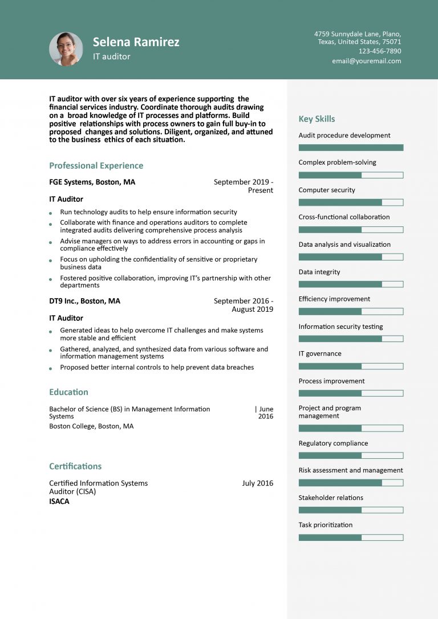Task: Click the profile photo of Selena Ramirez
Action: [x=66, y=49]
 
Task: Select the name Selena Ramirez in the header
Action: [x=136, y=42]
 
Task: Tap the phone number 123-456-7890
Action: [x=379, y=51]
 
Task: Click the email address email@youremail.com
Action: [x=366, y=61]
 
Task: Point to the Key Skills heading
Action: [x=317, y=119]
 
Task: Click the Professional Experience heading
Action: [x=96, y=166]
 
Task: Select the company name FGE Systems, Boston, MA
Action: [x=92, y=182]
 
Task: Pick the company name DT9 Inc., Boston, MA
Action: [x=84, y=301]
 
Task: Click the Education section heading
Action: [x=68, y=392]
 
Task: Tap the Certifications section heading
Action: [x=75, y=466]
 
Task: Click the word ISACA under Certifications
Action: [x=59, y=502]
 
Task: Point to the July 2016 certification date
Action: [x=257, y=483]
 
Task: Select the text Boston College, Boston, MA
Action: [x=91, y=426]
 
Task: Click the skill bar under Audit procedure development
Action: [x=351, y=148]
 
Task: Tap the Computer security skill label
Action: [x=327, y=190]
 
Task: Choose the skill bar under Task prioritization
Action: [x=351, y=537]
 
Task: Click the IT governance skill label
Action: [x=320, y=354]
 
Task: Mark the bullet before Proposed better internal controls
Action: [x=51, y=368]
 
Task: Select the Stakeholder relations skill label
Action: [x=331, y=498]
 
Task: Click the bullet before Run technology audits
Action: [x=51, y=213]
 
